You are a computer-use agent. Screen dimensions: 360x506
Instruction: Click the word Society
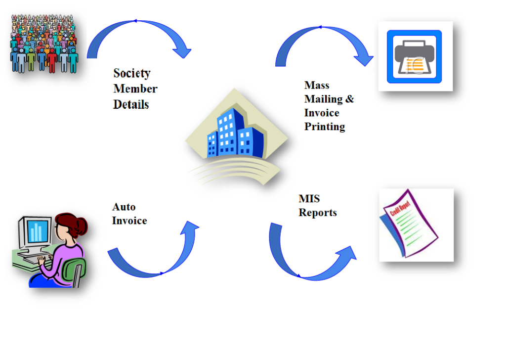click(x=131, y=74)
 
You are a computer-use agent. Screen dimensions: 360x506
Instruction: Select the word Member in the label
click(x=135, y=89)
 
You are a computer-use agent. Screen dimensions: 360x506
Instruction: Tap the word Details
click(x=131, y=104)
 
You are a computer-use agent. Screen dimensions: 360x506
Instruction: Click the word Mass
click(x=317, y=85)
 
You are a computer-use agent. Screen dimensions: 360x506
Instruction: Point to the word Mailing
click(x=324, y=99)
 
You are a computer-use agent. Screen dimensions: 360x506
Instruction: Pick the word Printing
click(x=324, y=127)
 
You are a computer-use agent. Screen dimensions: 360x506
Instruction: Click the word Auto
click(x=124, y=207)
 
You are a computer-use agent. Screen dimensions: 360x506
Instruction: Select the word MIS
click(x=309, y=199)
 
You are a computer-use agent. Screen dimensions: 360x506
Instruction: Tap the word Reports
click(x=318, y=213)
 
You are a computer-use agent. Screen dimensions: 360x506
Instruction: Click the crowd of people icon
click(x=44, y=44)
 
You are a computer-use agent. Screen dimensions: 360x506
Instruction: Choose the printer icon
click(x=415, y=56)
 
